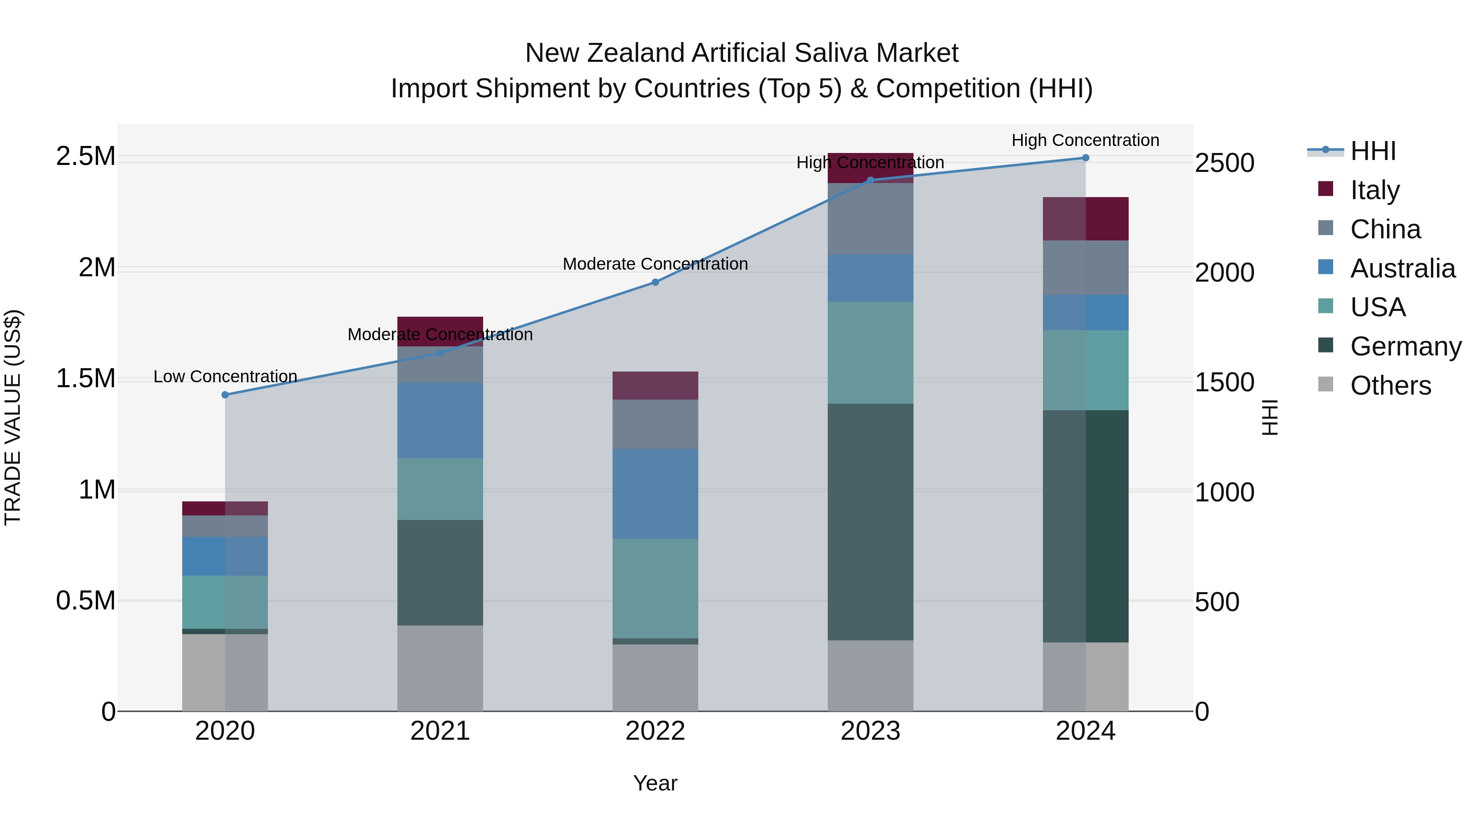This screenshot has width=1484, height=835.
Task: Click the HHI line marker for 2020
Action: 225,395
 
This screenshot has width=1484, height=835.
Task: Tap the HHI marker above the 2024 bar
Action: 1085,158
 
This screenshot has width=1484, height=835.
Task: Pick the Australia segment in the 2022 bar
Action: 655,494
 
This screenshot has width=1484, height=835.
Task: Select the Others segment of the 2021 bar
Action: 440,668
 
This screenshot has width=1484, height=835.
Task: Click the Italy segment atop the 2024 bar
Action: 1085,219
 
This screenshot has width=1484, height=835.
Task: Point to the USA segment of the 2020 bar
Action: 225,602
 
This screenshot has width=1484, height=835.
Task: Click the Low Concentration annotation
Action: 225,376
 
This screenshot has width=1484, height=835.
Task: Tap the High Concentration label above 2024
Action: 1085,140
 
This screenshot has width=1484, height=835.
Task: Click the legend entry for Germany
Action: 1406,346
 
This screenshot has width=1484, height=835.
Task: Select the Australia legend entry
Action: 1402,268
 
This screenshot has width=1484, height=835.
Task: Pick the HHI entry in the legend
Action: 1373,151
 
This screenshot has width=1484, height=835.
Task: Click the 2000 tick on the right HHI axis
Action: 1224,273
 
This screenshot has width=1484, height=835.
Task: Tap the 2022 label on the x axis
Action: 655,731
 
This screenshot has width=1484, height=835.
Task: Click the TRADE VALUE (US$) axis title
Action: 13,417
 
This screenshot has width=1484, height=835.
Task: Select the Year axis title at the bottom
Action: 655,783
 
